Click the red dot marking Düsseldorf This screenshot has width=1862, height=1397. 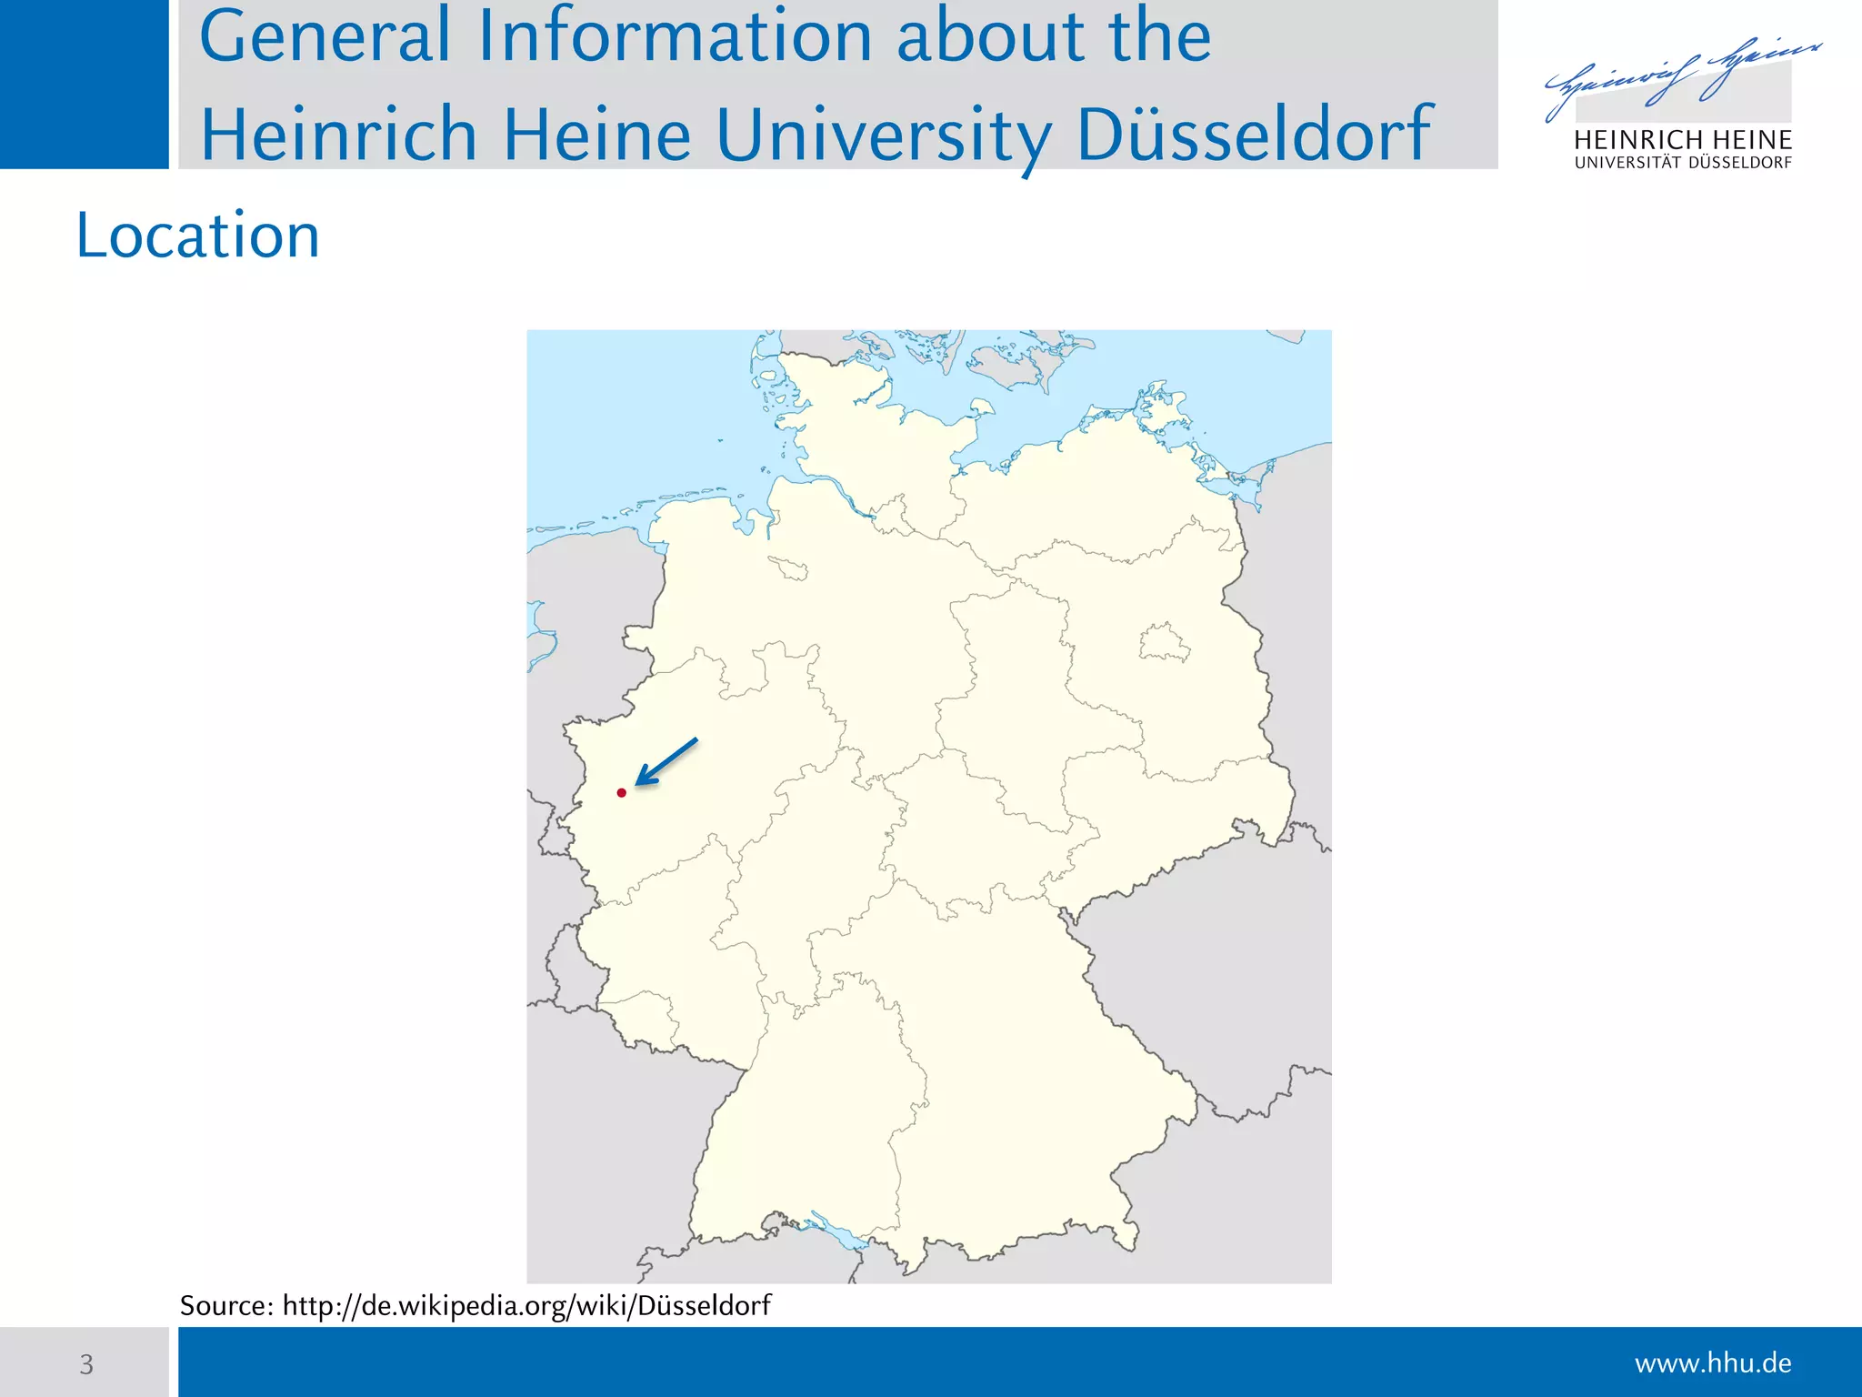[622, 793]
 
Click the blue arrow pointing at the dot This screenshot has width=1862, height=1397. [666, 761]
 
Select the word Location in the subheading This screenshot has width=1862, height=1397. [197, 236]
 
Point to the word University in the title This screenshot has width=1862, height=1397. [882, 135]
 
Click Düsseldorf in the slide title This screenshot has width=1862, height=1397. [1254, 135]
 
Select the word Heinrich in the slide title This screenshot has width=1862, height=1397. [338, 135]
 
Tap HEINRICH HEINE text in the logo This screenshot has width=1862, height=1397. [1683, 140]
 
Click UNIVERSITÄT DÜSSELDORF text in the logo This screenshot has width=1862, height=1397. [1683, 164]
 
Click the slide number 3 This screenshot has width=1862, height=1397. [86, 1364]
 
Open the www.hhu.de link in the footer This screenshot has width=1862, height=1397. [1713, 1363]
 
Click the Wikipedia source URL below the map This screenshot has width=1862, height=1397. [526, 1306]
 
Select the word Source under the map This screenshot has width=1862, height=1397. [226, 1306]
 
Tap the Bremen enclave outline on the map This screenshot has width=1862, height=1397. [788, 568]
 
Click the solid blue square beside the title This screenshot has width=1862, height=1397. [84, 84]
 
